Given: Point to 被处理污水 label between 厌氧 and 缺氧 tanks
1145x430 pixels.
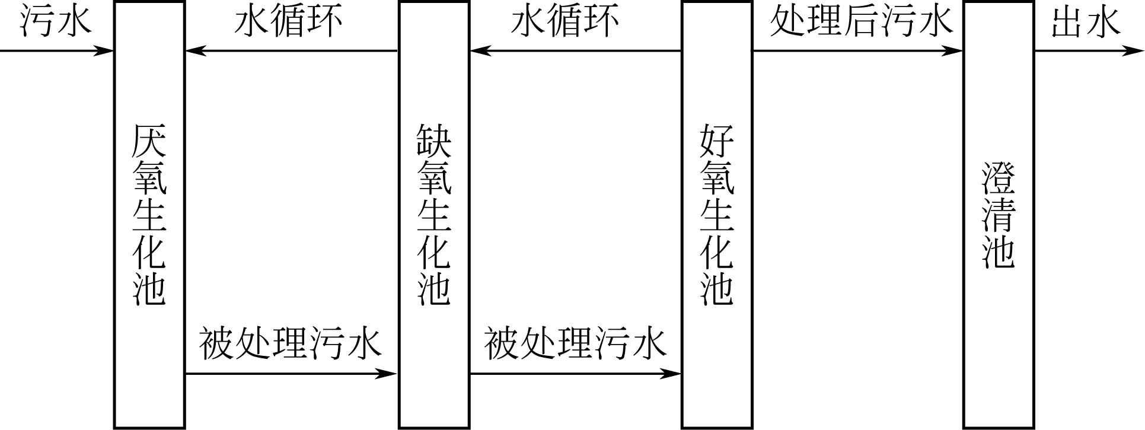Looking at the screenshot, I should [290, 345].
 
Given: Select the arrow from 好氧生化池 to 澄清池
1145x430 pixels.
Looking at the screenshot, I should [857, 51].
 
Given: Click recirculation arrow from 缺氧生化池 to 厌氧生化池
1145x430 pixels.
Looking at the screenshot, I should [291, 51].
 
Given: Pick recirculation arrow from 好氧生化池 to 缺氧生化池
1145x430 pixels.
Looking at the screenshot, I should [575, 51].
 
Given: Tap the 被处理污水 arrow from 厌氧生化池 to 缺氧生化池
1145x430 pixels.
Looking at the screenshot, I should [291, 374].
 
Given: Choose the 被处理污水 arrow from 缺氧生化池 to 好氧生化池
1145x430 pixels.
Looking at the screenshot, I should [575, 374].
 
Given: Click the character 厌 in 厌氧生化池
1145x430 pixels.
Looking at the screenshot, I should [149, 141].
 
